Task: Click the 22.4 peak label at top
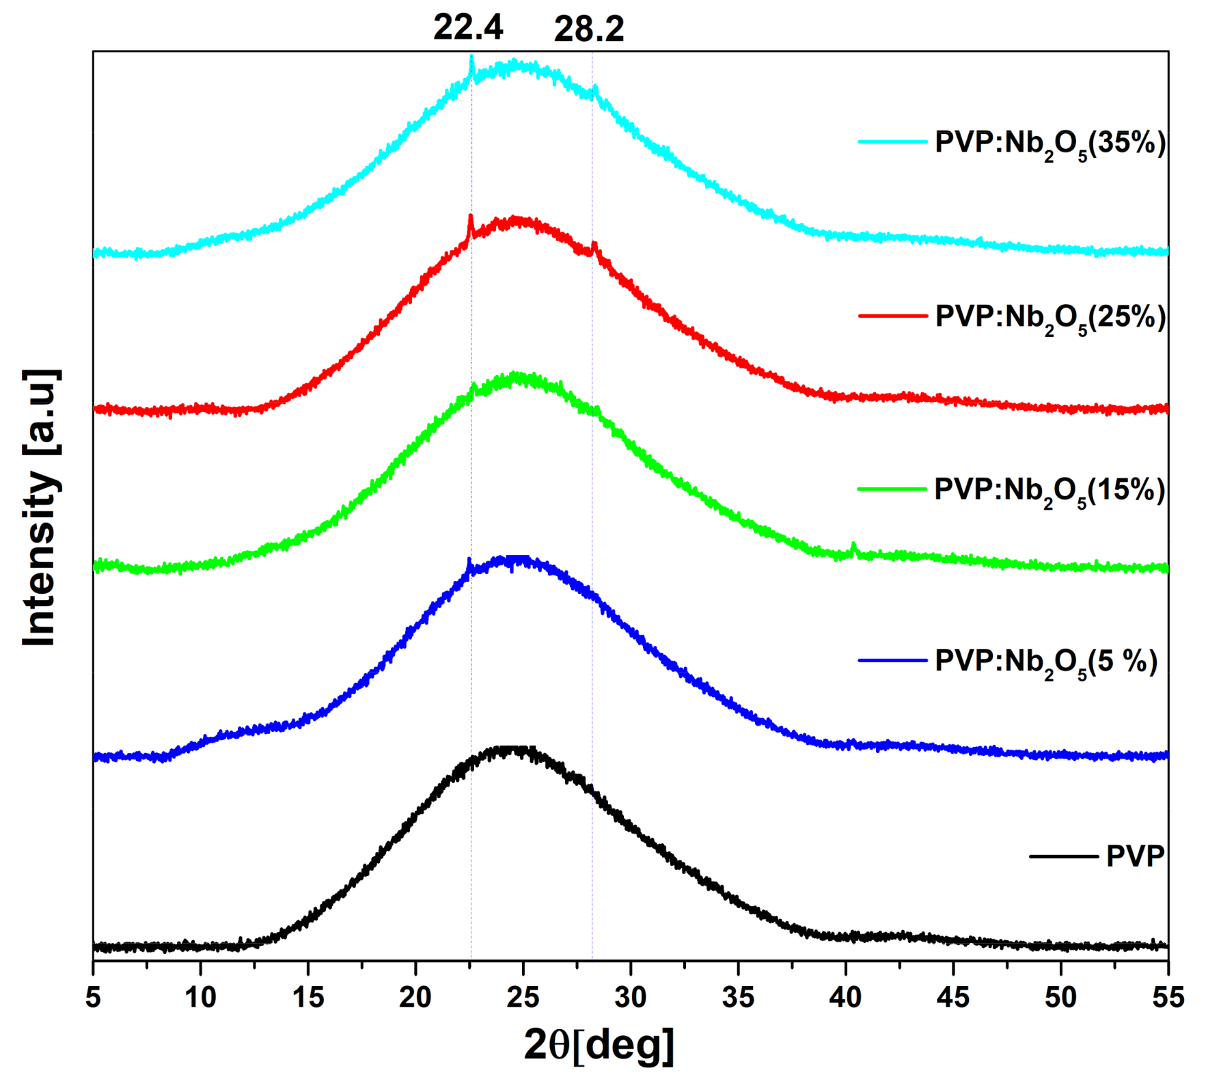(x=468, y=28)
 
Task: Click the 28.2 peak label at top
(x=589, y=30)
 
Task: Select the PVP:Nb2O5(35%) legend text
(x=1050, y=144)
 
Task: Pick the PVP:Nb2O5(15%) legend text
(x=1049, y=491)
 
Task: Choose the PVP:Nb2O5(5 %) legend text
(x=1046, y=663)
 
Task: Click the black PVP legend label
(x=1135, y=856)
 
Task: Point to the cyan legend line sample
(x=892, y=141)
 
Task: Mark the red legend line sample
(x=892, y=316)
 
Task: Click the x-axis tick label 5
(x=93, y=998)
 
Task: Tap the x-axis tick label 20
(x=415, y=998)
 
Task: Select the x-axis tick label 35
(x=738, y=998)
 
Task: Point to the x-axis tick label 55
(x=1168, y=998)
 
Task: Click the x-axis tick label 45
(x=953, y=998)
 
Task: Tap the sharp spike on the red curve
(x=470, y=219)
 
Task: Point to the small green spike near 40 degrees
(x=853, y=546)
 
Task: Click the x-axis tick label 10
(x=200, y=998)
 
